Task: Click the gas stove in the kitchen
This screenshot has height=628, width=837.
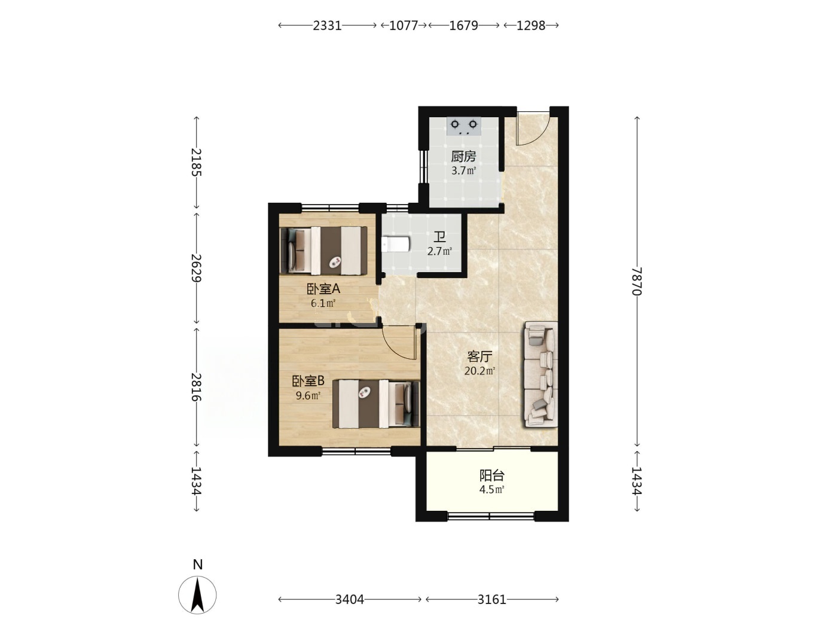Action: point(463,127)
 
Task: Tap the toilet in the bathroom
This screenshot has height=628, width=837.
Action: point(395,244)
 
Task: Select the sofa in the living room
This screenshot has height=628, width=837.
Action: point(540,374)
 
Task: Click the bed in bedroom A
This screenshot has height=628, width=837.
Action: point(324,251)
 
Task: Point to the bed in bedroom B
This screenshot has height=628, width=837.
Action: point(376,404)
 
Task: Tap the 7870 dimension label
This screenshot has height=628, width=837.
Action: point(637,281)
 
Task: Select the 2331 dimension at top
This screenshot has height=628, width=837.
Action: point(327,26)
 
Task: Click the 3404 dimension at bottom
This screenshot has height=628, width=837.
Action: point(349,600)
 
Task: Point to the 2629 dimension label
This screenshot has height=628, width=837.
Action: point(196,268)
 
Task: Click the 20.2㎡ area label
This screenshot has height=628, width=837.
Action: point(479,371)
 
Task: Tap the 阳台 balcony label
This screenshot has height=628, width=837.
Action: point(492,475)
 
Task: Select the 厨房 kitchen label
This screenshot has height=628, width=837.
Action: point(464,156)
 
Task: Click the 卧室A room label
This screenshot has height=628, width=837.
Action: point(323,289)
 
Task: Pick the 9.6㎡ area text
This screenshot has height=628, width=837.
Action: point(308,395)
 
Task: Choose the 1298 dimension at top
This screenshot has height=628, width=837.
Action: point(531,26)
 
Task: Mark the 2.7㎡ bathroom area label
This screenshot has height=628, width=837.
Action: point(439,251)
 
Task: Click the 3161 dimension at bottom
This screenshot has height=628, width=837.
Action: point(492,600)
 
